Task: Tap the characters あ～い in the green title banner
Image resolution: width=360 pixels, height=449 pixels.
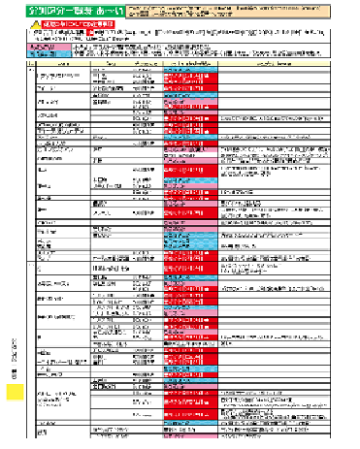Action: (x=106, y=9)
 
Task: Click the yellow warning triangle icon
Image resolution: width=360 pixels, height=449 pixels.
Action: (x=34, y=22)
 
